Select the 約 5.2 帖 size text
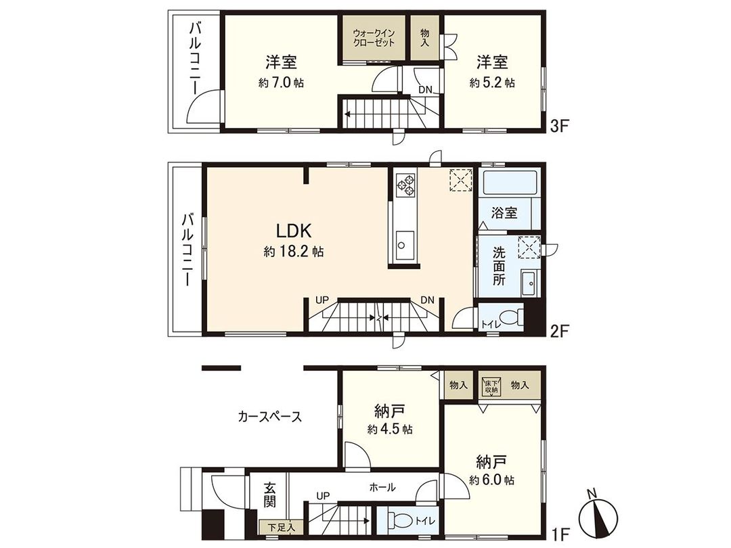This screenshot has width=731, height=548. pos(492,83)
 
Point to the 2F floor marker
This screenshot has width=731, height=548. pos(558,331)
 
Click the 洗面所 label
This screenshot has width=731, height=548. pos(499,266)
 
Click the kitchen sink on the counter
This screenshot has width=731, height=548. pos(405,242)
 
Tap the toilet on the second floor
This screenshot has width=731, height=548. pos(511,317)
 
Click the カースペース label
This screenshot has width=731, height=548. pos(269,417)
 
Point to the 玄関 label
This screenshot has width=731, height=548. pos(270,496)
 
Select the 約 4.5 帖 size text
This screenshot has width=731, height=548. pos(390,430)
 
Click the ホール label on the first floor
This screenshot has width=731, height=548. pos(382,486)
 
